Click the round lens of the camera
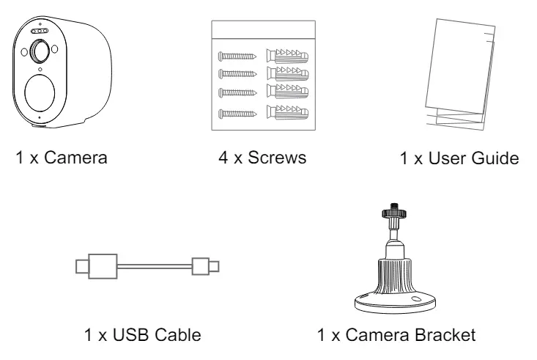[40, 51]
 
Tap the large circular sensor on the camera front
[40, 92]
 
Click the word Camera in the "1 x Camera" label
[75, 158]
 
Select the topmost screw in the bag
[237, 56]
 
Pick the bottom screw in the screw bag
[237, 114]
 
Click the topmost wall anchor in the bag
[287, 56]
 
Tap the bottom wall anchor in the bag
[287, 112]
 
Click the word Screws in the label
[277, 158]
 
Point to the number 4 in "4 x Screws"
[223, 158]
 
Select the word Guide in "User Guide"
[495, 158]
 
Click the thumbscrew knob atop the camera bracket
[394, 213]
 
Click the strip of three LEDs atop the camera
[40, 32]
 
